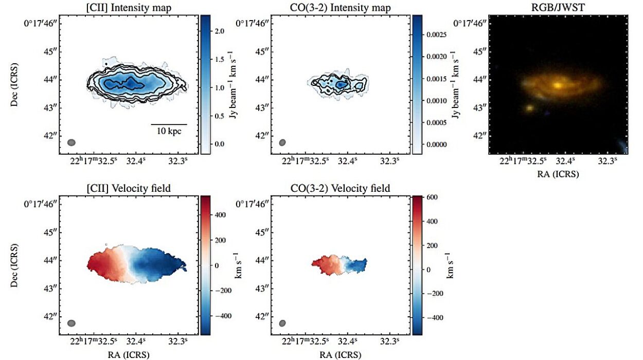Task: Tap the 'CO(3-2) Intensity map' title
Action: pyautogui.click(x=340, y=8)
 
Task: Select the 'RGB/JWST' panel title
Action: pyautogui.click(x=558, y=8)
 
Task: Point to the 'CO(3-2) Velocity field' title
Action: pyautogui.click(x=340, y=189)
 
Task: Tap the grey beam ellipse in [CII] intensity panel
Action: pyautogui.click(x=72, y=142)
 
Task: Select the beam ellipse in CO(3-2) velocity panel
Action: pyautogui.click(x=282, y=323)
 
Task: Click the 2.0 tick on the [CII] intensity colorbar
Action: pyautogui.click(x=218, y=32)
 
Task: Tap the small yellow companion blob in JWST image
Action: pyautogui.click(x=529, y=108)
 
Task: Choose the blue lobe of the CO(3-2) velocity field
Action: pyautogui.click(x=355, y=265)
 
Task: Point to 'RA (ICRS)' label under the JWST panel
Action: pyautogui.click(x=558, y=174)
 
